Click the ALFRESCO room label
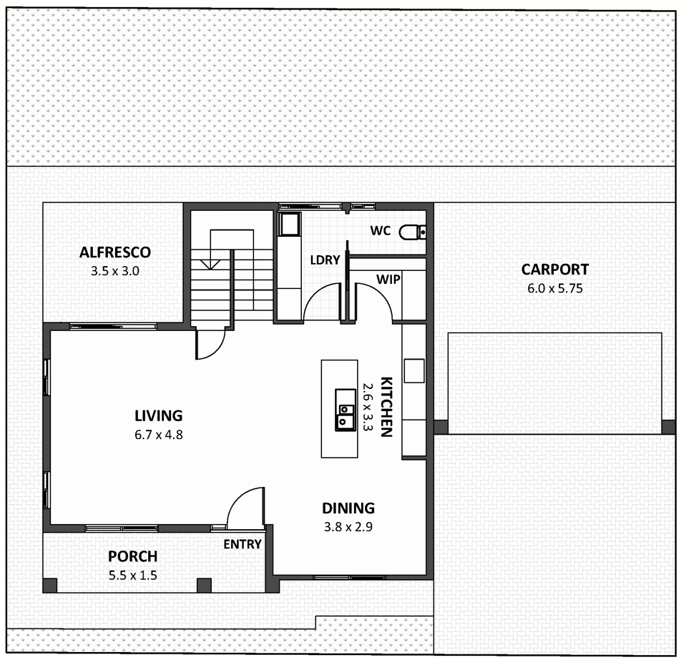pos(115,252)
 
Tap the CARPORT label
pos(555,270)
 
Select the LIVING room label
pos(159,416)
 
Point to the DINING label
pos(348,508)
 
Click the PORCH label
pos(132,556)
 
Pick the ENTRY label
pos(242,544)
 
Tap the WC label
pos(381,230)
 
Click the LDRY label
pos(325,260)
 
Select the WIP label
pos(388,279)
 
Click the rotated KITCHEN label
pos(386,407)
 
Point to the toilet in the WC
pos(412,232)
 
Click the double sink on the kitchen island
pos(346,410)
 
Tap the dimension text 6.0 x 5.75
pos(555,288)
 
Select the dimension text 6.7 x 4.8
pos(159,435)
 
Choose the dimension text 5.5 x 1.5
pos(132,576)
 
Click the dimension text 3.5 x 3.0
pos(115,272)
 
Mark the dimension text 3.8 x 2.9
pos(348,527)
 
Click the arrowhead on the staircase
pos(210,265)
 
